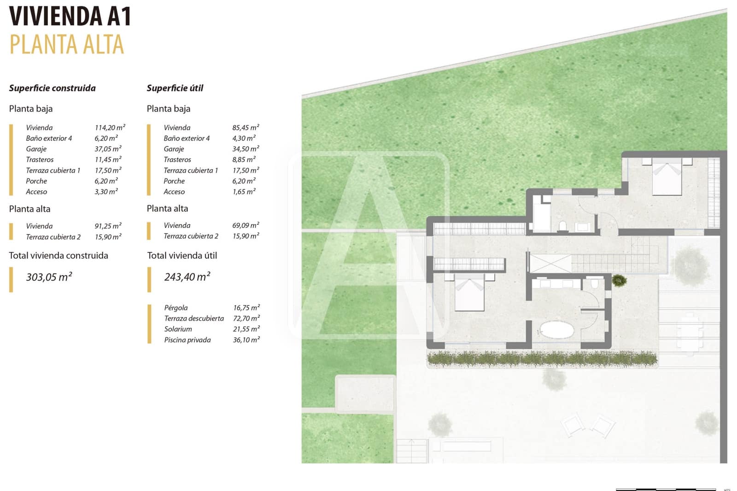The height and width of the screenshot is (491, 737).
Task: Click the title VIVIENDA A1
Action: pos(70,17)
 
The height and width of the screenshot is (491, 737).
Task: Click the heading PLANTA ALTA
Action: pos(67,45)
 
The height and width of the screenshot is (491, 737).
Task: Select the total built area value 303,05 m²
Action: pos(49,277)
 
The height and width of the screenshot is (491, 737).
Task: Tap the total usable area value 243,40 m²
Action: pos(187,277)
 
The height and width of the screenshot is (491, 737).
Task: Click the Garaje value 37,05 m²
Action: pos(108,149)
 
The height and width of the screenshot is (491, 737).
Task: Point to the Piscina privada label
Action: pos(187,340)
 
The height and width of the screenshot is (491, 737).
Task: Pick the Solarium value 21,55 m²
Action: pos(246,329)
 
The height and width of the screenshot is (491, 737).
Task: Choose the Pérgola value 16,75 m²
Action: pos(246,308)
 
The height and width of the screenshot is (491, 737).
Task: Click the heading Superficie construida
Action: pos(52,88)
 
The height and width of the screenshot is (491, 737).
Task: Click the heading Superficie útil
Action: pos(175,88)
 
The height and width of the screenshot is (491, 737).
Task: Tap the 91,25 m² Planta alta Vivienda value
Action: pos(108,226)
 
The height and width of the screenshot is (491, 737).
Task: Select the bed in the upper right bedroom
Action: pos(667,177)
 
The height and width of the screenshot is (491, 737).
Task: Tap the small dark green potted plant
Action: pos(619,280)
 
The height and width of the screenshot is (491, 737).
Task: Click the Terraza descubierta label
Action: pos(194,318)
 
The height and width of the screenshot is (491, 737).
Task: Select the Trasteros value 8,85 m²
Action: pos(244,159)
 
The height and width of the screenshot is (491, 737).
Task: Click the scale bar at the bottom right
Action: pos(666,489)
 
